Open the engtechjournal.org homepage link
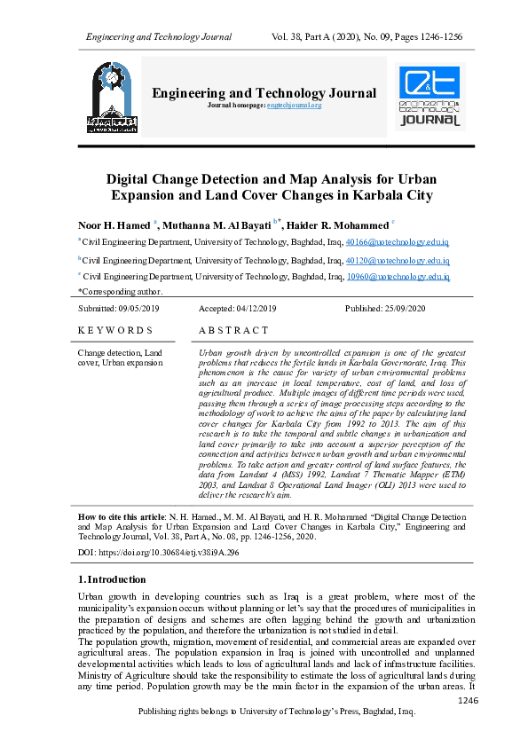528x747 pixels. pos(294,106)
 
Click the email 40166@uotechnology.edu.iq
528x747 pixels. pos(398,241)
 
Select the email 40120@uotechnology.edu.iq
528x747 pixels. pos(398,261)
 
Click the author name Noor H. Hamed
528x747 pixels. pos(114,225)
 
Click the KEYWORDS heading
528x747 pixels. pos(115,330)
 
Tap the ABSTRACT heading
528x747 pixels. pos(233,330)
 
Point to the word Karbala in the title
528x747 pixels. pos(366,195)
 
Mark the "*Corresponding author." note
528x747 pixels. pos(121,291)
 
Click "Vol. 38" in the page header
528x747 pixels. pos(289,36)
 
